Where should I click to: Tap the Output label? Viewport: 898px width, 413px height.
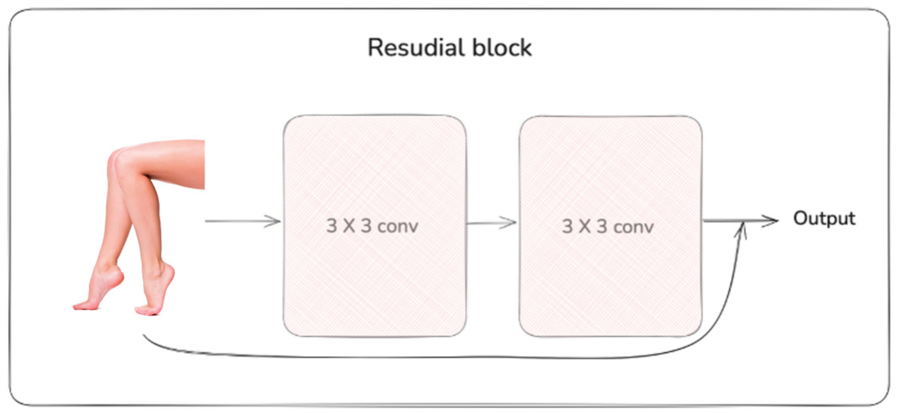[824, 218]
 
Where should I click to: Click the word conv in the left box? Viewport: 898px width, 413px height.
[398, 226]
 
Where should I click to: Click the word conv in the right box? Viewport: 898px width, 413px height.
[633, 227]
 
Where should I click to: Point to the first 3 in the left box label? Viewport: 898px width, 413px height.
[331, 226]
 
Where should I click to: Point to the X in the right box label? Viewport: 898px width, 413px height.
[585, 226]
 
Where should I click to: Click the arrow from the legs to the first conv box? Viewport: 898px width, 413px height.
[242, 221]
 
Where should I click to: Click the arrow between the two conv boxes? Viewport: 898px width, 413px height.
[492, 223]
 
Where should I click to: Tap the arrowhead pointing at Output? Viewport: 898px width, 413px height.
[771, 221]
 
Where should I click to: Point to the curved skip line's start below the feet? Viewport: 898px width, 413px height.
[145, 336]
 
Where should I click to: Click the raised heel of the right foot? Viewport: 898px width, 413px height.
[169, 270]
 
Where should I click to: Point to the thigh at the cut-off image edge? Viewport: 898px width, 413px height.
[197, 165]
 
